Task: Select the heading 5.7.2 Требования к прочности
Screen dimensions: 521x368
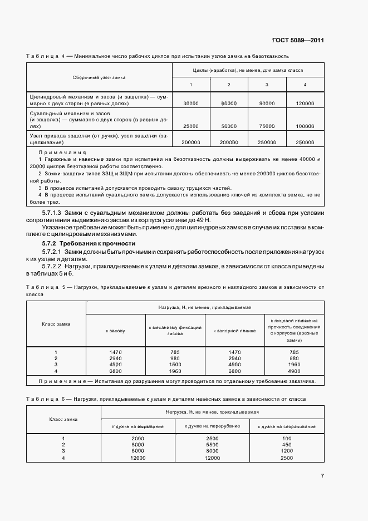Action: (89, 244)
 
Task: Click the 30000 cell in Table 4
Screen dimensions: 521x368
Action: (191, 104)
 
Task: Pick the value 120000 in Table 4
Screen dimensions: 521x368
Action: (305, 104)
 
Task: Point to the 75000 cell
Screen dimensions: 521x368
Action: (267, 126)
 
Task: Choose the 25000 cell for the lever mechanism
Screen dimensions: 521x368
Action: (191, 126)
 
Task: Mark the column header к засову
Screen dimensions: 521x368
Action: (115, 331)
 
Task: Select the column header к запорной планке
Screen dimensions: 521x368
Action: (235, 331)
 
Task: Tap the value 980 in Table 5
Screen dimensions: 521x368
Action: (175, 358)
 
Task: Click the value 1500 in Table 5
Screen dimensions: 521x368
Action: (175, 365)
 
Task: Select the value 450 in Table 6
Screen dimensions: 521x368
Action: (287, 445)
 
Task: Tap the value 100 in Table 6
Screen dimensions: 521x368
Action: (287, 439)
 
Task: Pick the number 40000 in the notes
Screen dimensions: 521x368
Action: (305, 159)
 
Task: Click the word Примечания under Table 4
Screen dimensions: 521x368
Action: (62, 152)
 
